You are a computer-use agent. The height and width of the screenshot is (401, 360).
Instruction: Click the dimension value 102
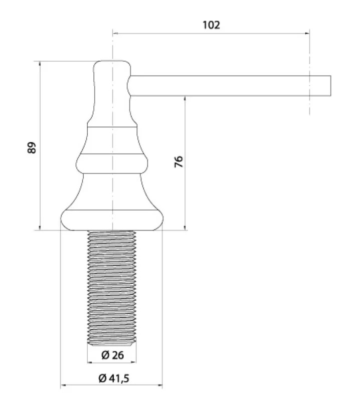point(211,25)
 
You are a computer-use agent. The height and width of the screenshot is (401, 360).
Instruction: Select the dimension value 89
point(32,147)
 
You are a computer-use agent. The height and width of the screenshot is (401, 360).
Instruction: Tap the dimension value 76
point(178,161)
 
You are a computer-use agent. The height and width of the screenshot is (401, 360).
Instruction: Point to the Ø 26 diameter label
point(112,355)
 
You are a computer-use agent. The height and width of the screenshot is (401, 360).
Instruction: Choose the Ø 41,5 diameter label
point(114,378)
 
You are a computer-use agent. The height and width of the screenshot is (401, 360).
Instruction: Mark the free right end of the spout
point(330,86)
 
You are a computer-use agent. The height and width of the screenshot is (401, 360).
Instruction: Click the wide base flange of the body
point(112,220)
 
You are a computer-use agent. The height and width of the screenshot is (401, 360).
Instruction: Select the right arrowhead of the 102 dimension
point(307,33)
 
